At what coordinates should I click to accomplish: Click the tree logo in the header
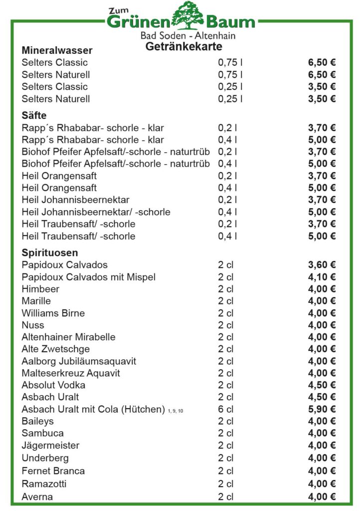tap(189, 16)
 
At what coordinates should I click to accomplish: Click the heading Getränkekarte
tap(183, 46)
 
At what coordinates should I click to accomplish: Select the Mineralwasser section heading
tap(57, 50)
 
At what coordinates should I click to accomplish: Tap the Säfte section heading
tap(34, 116)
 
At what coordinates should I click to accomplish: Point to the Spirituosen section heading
tap(50, 253)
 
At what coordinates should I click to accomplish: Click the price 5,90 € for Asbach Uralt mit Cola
tap(322, 409)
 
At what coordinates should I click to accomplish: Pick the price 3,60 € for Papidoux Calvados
tap(322, 265)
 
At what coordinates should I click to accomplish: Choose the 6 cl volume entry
tap(225, 409)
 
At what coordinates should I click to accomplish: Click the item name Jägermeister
tap(50, 445)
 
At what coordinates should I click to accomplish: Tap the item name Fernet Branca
tap(53, 471)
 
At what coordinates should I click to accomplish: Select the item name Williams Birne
tap(53, 313)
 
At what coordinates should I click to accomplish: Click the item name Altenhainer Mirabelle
tap(68, 337)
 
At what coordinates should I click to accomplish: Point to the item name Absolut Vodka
tap(53, 385)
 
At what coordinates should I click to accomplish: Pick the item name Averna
tap(37, 497)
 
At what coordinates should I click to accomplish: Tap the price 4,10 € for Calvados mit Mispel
tap(322, 277)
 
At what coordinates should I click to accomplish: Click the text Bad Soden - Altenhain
tap(187, 36)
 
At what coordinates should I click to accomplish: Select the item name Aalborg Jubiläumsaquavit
tap(79, 361)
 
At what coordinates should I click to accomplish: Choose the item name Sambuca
tap(42, 433)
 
